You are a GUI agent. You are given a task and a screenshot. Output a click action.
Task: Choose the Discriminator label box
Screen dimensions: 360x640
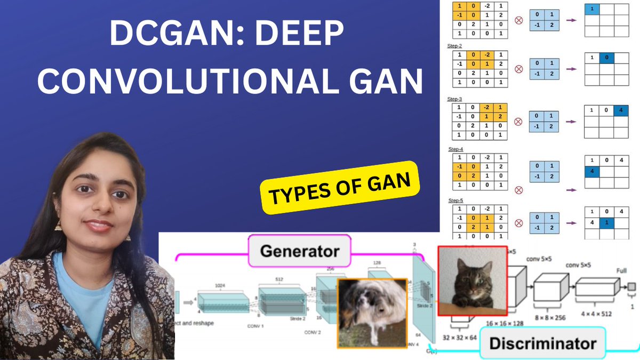point(542,343)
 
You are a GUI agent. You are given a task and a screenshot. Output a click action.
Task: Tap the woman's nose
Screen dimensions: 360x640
point(98,206)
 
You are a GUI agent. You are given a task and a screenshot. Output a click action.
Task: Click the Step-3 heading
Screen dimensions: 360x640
point(455,99)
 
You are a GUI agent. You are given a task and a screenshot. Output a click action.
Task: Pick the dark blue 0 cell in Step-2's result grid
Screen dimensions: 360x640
point(606,58)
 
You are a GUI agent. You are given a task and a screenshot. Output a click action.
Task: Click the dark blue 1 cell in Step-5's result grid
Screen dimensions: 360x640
point(606,221)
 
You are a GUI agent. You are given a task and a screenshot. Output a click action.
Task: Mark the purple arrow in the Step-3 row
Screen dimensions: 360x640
point(571,122)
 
